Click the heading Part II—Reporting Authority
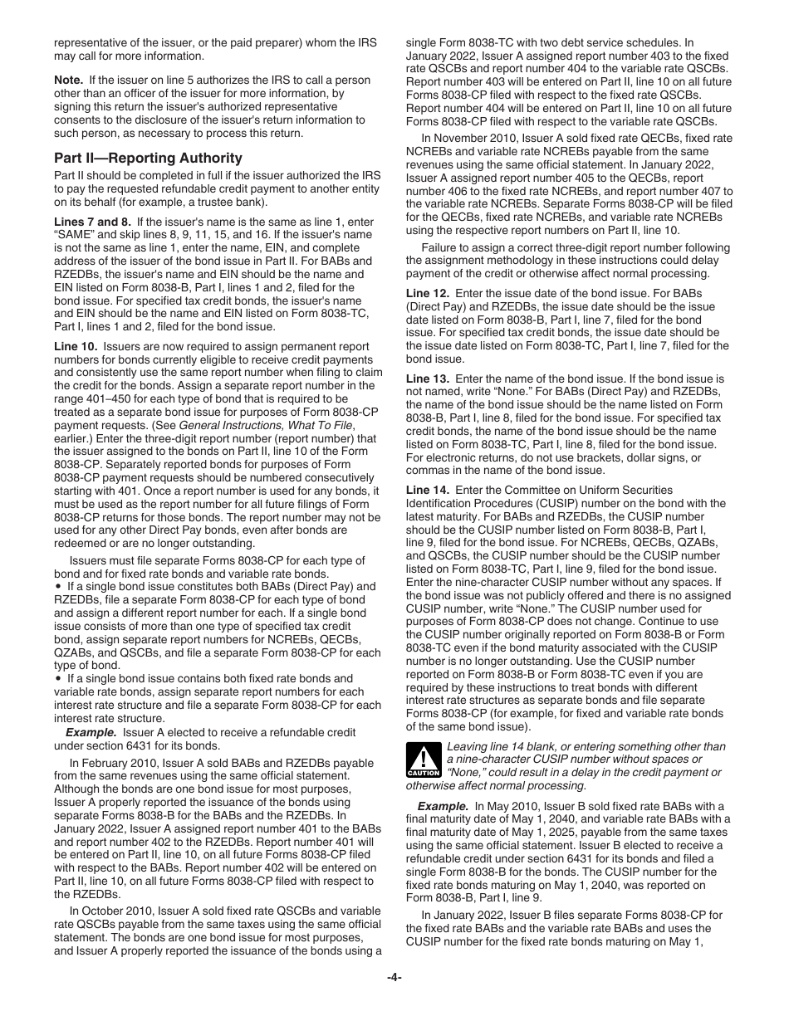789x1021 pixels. (x=148, y=158)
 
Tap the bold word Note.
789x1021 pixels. (x=68, y=80)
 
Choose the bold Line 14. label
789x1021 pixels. (x=428, y=490)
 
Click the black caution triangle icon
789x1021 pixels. (x=424, y=760)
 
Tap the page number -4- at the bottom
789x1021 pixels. (x=394, y=977)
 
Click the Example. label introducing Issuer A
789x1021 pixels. (x=91, y=732)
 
